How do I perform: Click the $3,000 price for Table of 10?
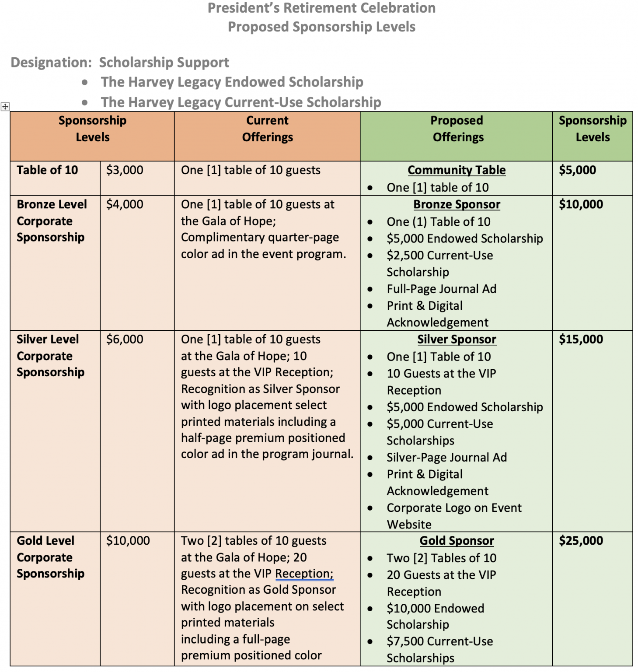(x=125, y=170)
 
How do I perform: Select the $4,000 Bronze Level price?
(x=125, y=204)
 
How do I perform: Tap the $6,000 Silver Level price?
(x=125, y=339)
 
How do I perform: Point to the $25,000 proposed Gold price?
(x=581, y=541)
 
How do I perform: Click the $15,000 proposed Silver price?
(x=581, y=339)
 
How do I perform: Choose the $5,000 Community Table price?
(x=577, y=170)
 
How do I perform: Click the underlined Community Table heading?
(x=457, y=170)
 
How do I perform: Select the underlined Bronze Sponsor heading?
(x=457, y=204)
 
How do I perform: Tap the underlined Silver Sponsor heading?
(x=457, y=339)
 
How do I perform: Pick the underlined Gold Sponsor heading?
(x=457, y=541)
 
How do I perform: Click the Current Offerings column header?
(x=267, y=129)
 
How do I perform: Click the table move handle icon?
(x=5, y=106)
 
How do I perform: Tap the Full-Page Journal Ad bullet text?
(x=441, y=289)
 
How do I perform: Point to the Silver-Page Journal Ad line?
(x=446, y=458)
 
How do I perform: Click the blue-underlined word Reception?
(x=304, y=574)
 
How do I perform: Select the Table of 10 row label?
(x=47, y=170)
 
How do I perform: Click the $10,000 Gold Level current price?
(x=128, y=541)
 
